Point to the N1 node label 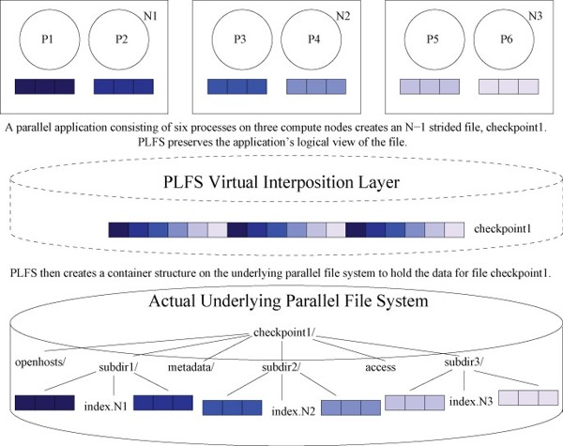(150, 16)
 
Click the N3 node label (536, 16)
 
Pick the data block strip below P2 (124, 86)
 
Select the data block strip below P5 (430, 86)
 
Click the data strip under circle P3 (237, 86)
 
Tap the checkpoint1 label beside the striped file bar (502, 229)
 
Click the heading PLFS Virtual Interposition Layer (281, 182)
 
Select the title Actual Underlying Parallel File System (288, 300)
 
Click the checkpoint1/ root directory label (284, 332)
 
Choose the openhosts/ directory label (40, 361)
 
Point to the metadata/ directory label (191, 367)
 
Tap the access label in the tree (381, 368)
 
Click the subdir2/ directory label (281, 367)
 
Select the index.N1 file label (105, 407)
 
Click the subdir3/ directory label (464, 361)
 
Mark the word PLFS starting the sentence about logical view (151, 143)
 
